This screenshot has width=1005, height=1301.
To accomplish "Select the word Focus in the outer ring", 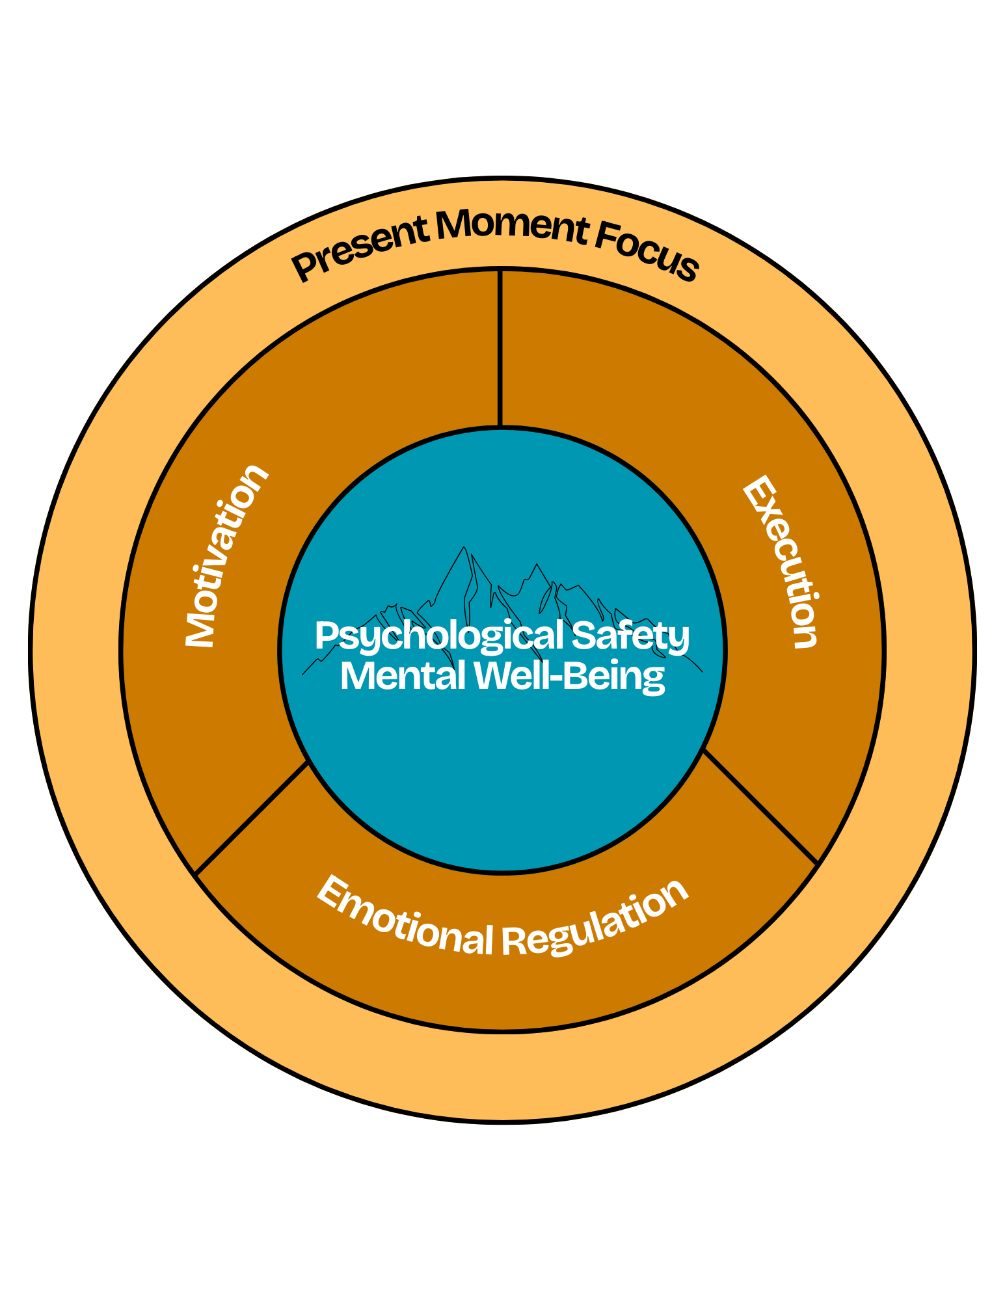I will (x=647, y=252).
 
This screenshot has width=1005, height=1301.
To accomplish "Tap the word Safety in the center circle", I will (x=630, y=636).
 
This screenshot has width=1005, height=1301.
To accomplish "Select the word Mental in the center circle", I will (x=403, y=676).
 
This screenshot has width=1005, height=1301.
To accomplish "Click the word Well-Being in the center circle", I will (x=569, y=676).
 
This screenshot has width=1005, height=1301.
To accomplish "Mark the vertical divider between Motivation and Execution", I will (x=500, y=349).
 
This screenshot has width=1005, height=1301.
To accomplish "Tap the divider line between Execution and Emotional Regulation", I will (x=760, y=807).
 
